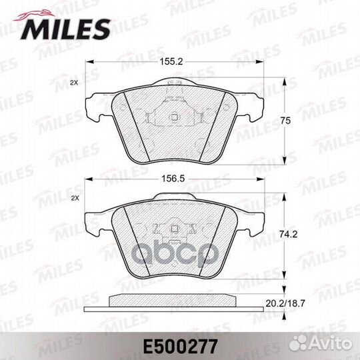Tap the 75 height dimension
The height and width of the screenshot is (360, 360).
[x=285, y=121]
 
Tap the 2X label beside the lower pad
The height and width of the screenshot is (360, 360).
[x=74, y=199]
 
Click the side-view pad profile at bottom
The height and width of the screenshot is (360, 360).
[x=176, y=301]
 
